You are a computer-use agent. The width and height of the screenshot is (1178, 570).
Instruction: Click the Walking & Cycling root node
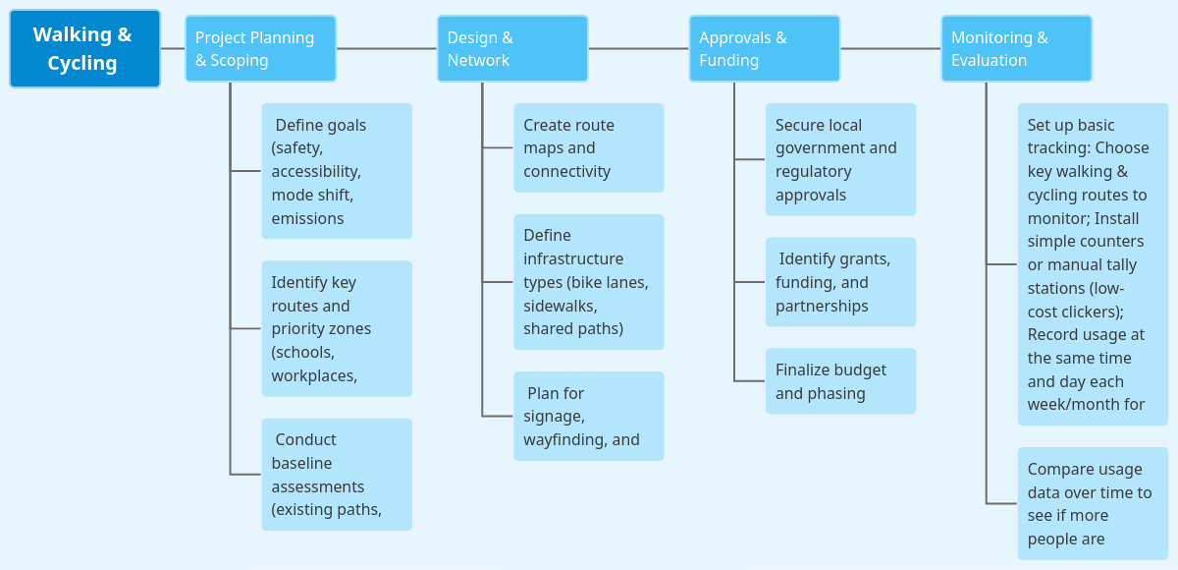click(84, 49)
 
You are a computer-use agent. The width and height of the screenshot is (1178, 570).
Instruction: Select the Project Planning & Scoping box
click(260, 48)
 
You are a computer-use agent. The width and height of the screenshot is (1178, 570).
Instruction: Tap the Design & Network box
click(512, 48)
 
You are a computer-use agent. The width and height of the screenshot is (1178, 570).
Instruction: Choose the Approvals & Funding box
click(764, 48)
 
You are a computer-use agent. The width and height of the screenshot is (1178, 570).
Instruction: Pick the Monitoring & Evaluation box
click(1016, 48)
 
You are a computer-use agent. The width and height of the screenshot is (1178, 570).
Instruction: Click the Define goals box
click(337, 171)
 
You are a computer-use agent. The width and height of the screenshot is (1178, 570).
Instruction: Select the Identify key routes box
click(337, 328)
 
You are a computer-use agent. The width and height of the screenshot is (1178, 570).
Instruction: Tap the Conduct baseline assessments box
click(337, 475)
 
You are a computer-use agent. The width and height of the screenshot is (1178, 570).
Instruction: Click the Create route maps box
click(589, 147)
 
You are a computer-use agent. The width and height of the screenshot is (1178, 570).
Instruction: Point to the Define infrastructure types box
click(589, 282)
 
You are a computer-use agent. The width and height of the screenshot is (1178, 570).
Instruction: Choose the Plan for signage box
click(589, 416)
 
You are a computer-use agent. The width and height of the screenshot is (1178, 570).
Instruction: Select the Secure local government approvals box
click(840, 159)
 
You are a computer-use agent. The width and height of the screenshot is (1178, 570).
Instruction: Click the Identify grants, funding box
click(840, 282)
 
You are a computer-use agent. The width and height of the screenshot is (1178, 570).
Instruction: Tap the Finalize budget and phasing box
click(840, 381)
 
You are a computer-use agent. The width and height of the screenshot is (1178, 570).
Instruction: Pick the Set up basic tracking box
click(1093, 263)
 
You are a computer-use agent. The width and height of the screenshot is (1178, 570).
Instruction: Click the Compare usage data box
click(1093, 503)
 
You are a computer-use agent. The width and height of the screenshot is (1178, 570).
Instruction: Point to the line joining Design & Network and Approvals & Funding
click(638, 48)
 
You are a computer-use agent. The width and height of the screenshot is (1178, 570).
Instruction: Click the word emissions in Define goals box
click(307, 218)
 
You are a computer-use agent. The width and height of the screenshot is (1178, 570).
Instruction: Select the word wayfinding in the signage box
click(564, 439)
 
